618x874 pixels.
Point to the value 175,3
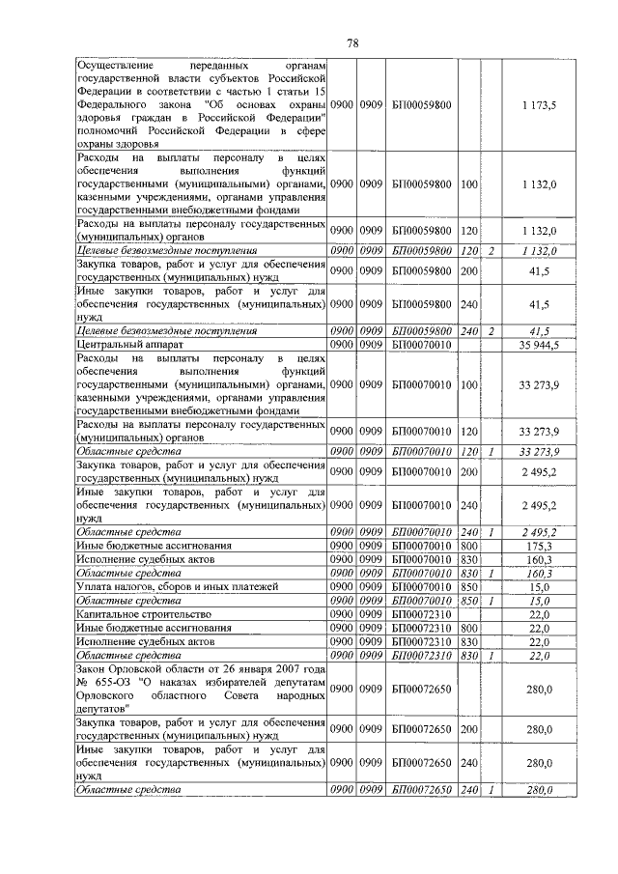click(x=539, y=546)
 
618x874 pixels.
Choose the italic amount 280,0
click(x=539, y=790)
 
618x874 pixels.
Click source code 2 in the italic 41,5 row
click(x=492, y=330)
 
